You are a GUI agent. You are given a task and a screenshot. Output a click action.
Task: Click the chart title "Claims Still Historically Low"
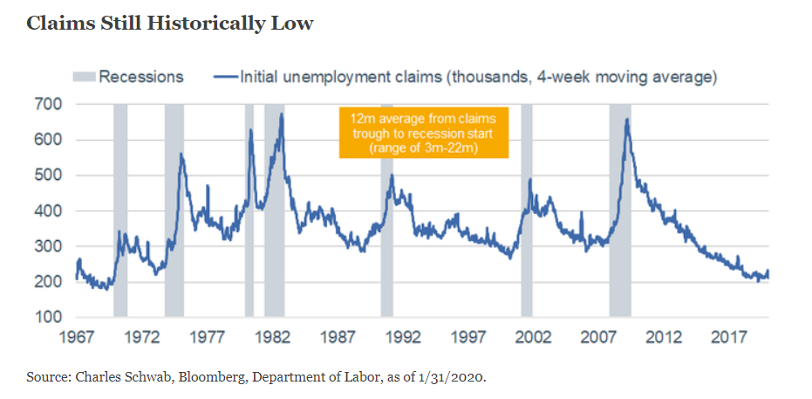point(170,24)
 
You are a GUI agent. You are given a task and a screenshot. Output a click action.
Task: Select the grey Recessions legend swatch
point(85,77)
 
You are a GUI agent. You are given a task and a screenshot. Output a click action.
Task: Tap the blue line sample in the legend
point(226,77)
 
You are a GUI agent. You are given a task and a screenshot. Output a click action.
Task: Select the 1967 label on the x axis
point(76,339)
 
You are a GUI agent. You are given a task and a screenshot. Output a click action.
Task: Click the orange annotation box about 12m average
point(424,133)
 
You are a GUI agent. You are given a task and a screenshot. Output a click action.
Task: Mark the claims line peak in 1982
point(281,114)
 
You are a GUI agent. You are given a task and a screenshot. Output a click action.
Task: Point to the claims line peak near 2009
point(627,120)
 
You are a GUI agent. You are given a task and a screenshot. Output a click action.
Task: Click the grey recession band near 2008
point(620,210)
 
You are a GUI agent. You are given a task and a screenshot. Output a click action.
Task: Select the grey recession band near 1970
point(120,210)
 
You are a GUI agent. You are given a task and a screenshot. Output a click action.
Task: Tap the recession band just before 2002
point(527,210)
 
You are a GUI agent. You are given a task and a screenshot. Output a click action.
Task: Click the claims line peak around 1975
point(181,154)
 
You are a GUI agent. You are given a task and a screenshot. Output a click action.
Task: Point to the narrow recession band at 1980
point(249,210)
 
